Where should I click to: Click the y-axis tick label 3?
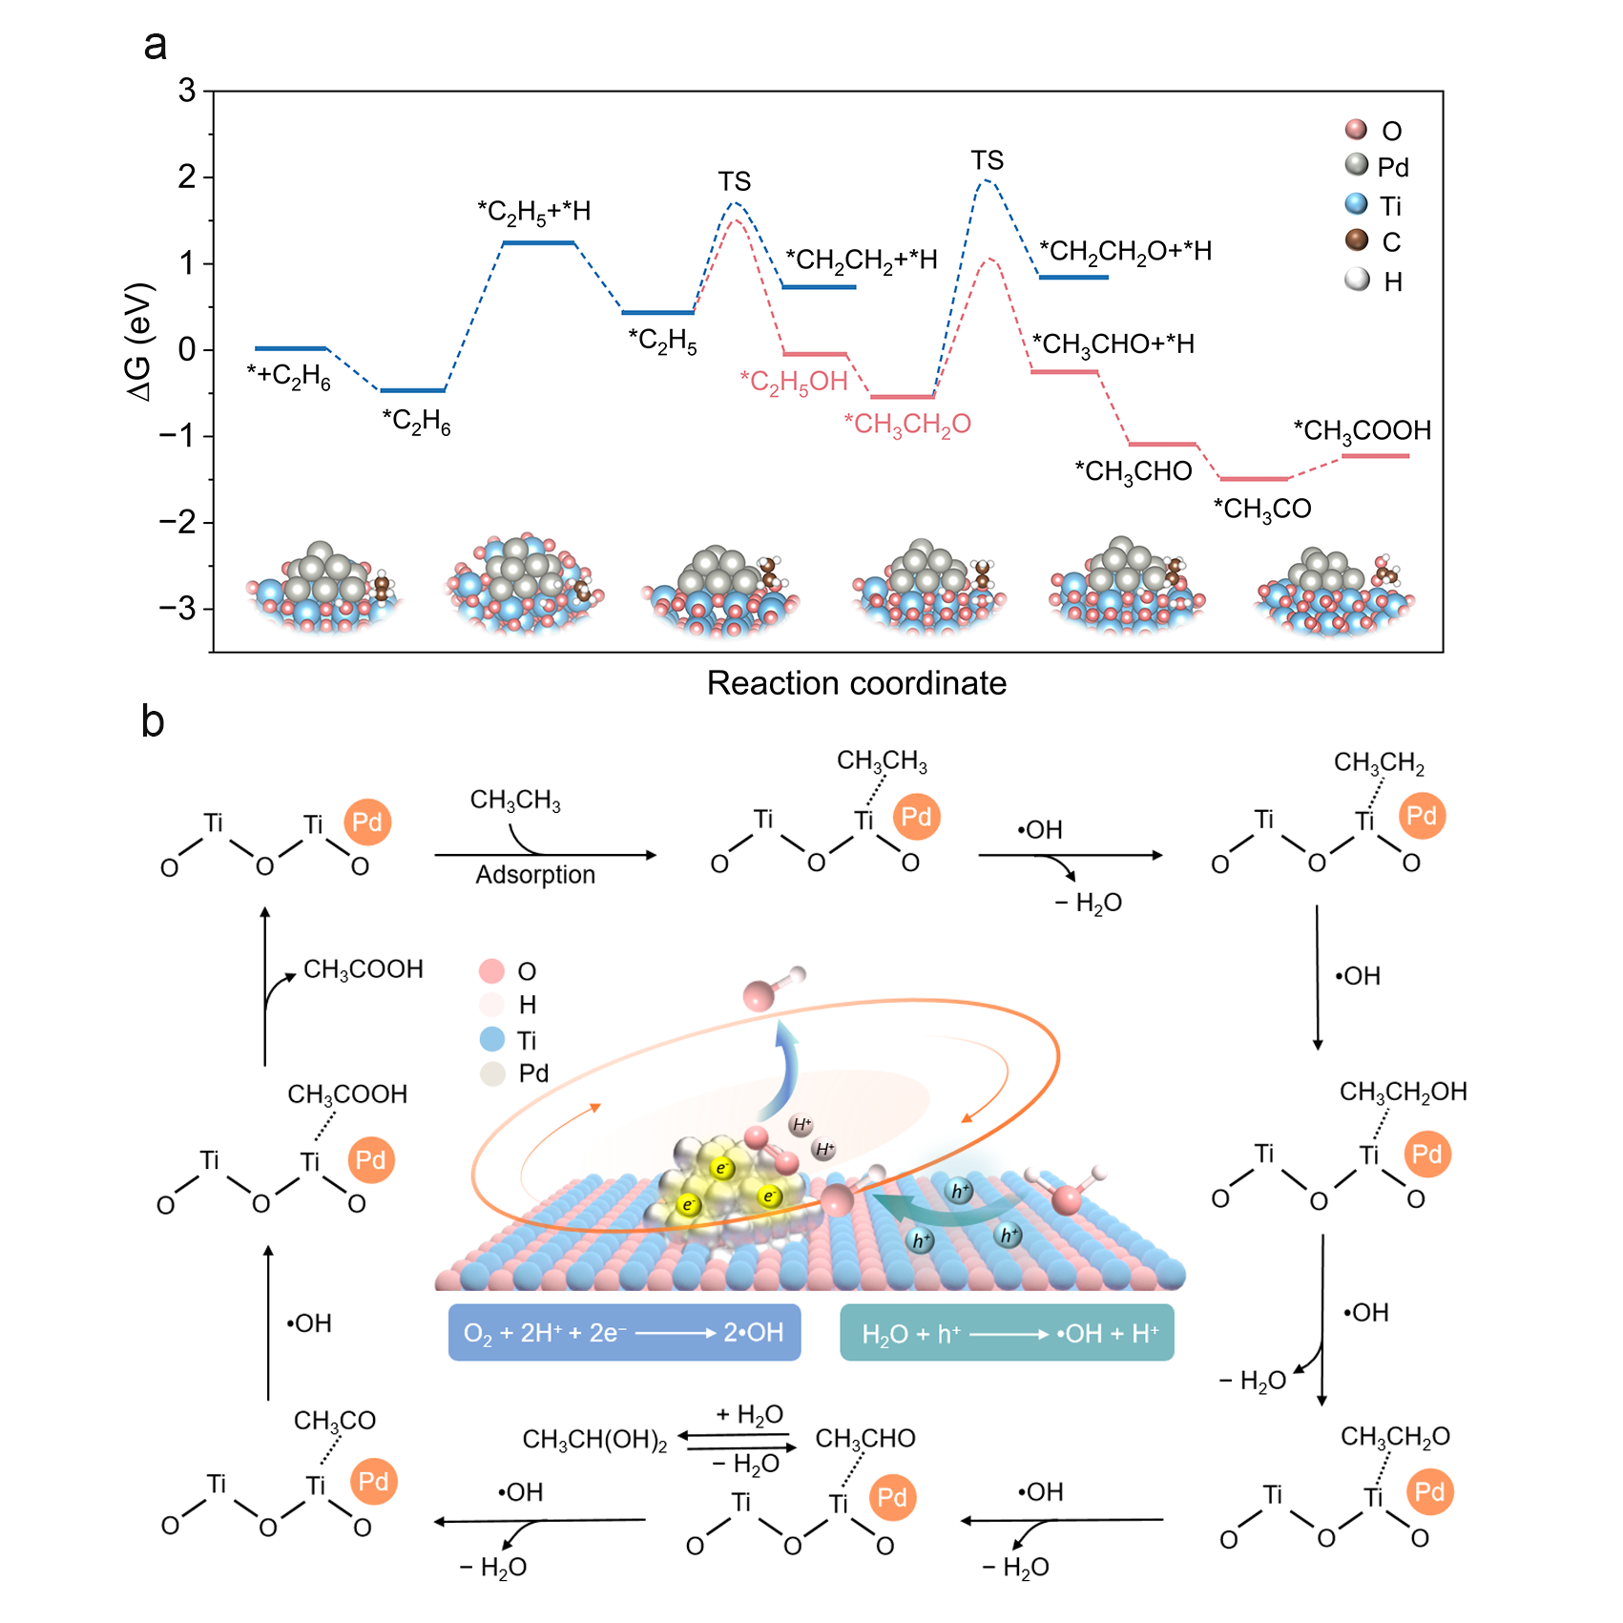click(187, 91)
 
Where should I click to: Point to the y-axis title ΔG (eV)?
click(139, 342)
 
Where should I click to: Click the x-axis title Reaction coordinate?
click(856, 683)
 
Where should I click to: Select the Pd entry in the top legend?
click(1392, 168)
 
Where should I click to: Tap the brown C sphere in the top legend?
click(1356, 240)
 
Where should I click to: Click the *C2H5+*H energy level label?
click(533, 212)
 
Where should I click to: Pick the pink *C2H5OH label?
click(794, 383)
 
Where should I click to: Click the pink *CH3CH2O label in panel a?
click(907, 425)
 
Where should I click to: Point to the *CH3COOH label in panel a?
click(1362, 431)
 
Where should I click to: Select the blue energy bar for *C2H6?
click(412, 390)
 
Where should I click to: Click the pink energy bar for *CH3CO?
click(1254, 479)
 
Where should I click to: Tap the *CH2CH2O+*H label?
click(1125, 252)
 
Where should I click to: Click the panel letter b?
click(153, 721)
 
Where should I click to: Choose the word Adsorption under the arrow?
click(535, 875)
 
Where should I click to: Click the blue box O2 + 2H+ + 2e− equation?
click(624, 1332)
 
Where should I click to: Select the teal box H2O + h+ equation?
click(1007, 1332)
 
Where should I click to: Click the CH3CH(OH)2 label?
click(594, 1440)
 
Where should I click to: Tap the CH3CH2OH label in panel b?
click(1403, 1092)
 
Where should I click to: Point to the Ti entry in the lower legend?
click(526, 1040)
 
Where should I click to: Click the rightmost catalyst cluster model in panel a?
click(1334, 592)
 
